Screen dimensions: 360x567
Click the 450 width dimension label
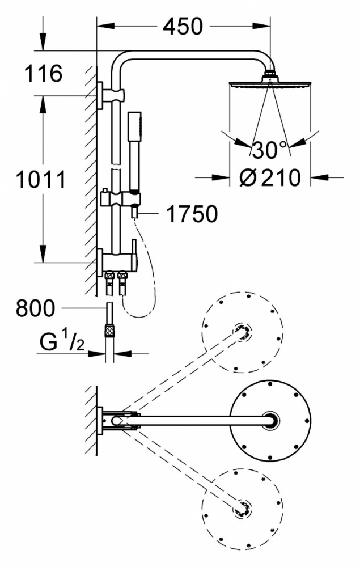pyautogui.click(x=183, y=27)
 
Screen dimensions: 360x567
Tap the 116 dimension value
pyautogui.click(x=43, y=73)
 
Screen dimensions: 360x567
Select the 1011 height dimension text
pyautogui.click(x=41, y=179)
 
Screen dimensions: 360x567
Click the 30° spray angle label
pyautogui.click(x=270, y=150)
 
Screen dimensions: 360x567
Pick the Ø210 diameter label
pyautogui.click(x=270, y=177)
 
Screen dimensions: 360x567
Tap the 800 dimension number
pyautogui.click(x=35, y=308)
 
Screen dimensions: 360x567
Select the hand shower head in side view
pyautogui.click(x=135, y=152)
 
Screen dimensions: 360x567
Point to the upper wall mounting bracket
pyautogui.click(x=111, y=95)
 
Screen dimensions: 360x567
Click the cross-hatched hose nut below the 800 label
pyautogui.click(x=109, y=331)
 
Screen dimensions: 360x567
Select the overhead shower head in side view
pyautogui.click(x=270, y=84)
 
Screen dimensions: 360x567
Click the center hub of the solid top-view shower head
pyautogui.click(x=271, y=420)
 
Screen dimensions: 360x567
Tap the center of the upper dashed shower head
pyautogui.click(x=242, y=332)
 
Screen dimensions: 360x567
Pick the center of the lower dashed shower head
pyautogui.click(x=242, y=507)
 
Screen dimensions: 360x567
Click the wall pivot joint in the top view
pyautogui.click(x=117, y=420)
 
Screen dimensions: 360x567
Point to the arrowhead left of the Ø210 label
pyautogui.click(x=221, y=177)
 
